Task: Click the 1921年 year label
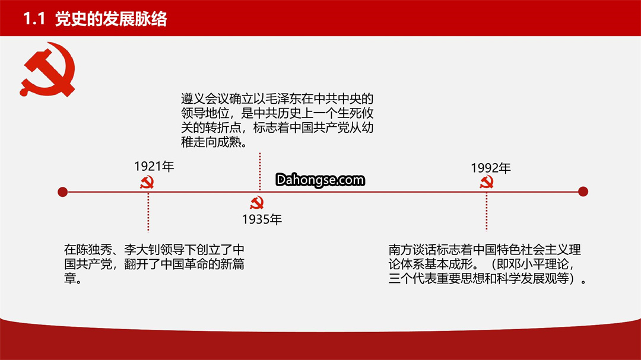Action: pyautogui.click(x=154, y=166)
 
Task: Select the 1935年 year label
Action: pyautogui.click(x=262, y=219)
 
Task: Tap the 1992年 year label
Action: pyautogui.click(x=491, y=168)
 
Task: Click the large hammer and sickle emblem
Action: pyautogui.click(x=47, y=69)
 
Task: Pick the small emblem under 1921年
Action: pyautogui.click(x=147, y=182)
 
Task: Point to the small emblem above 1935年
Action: pyautogui.click(x=257, y=203)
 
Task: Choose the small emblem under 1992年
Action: pyautogui.click(x=487, y=182)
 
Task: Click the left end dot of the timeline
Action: pyautogui.click(x=62, y=192)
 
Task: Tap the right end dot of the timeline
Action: pyautogui.click(x=583, y=192)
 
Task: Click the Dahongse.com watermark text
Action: pyautogui.click(x=320, y=180)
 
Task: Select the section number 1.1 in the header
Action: pyautogui.click(x=34, y=19)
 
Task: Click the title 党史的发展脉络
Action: pyautogui.click(x=111, y=19)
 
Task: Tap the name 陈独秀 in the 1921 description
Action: pyautogui.click(x=94, y=250)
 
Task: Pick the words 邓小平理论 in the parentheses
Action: pyautogui.click(x=538, y=265)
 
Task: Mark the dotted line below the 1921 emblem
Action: pyautogui.click(x=148, y=212)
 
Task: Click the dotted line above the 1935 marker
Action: pyautogui.click(x=259, y=171)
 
